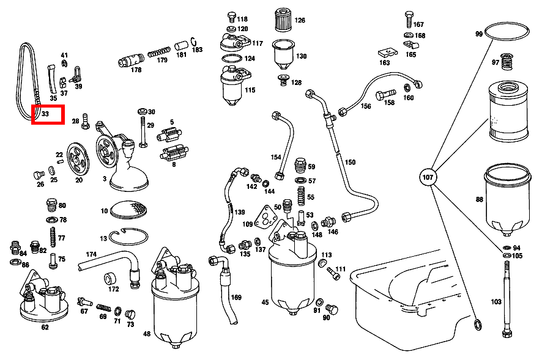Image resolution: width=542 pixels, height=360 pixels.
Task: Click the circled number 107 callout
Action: pos(428,178)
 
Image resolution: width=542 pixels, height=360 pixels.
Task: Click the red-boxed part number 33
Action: pos(47,114)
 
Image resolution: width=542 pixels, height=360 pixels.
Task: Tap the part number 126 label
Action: pos(300,20)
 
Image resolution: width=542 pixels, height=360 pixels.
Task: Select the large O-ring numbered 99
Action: pos(508,32)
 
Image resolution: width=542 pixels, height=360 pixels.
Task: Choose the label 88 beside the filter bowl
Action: pos(478,199)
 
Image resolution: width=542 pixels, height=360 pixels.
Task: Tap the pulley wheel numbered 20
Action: pos(78,160)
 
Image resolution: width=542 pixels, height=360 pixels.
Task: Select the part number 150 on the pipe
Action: pos(350,163)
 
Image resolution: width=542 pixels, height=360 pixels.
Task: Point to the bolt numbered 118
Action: pos(231,17)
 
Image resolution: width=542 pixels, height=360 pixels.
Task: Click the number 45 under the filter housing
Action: pos(265,302)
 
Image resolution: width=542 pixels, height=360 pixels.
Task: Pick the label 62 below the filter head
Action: pos(45,327)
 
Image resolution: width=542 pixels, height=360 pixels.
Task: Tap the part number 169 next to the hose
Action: pos(236,298)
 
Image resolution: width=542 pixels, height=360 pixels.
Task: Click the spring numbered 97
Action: pos(507,62)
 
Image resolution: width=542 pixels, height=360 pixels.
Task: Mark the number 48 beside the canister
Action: pos(147,334)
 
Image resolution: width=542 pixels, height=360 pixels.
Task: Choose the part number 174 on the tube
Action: pos(91,254)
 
